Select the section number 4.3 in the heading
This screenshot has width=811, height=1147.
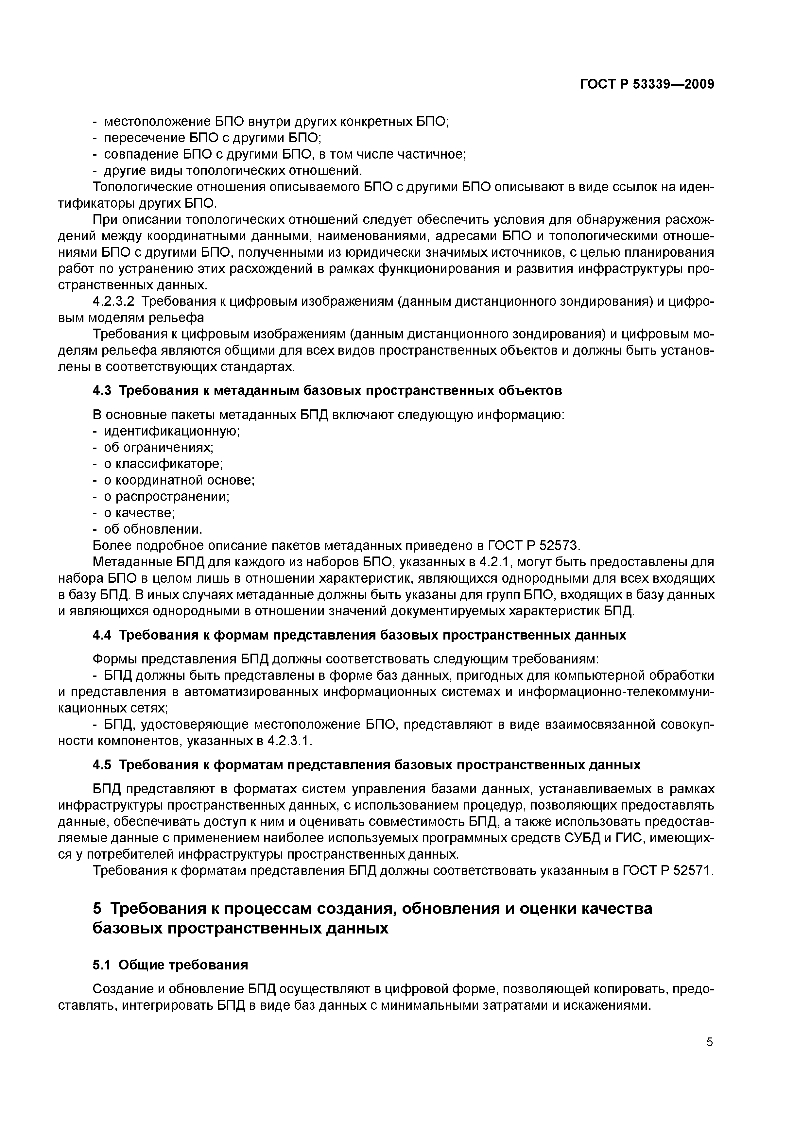tap(102, 391)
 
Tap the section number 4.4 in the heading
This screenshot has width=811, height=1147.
tap(102, 635)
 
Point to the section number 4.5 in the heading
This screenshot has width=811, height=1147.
tap(102, 765)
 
